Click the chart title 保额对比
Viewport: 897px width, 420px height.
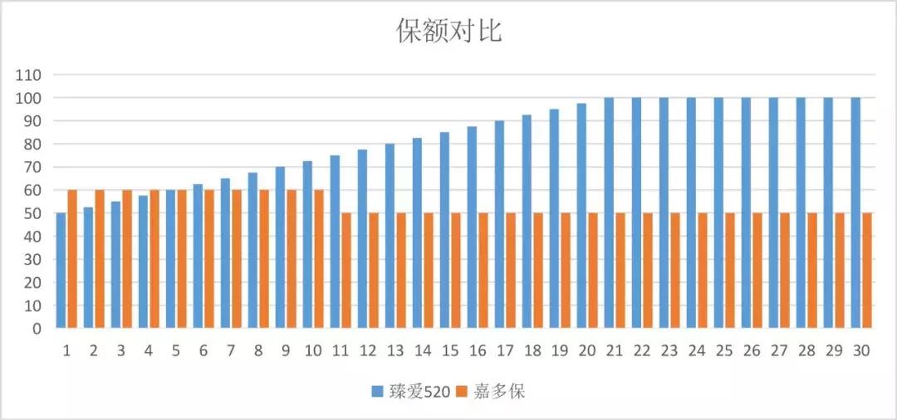tap(448, 31)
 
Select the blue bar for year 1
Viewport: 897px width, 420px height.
tap(61, 271)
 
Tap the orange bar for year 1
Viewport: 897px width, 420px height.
tap(72, 259)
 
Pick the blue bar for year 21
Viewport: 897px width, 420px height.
tap(609, 212)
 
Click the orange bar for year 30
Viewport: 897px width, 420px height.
tap(867, 271)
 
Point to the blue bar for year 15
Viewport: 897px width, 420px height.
tap(444, 230)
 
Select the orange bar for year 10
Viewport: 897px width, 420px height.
tap(319, 259)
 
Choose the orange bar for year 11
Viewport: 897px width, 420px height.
tap(346, 271)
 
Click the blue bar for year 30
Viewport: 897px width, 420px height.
tap(855, 212)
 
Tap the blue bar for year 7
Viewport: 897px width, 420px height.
tap(225, 253)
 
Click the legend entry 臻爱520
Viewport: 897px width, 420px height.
tap(411, 392)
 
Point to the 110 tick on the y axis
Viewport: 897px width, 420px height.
tap(28, 75)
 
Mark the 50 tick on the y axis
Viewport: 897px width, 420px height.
tap(32, 213)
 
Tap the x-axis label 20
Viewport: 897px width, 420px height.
tap(587, 351)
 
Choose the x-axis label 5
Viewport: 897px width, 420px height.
tap(176, 351)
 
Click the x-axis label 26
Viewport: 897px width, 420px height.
tap(752, 351)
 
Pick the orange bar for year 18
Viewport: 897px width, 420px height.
tap(538, 271)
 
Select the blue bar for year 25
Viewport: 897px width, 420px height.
tap(718, 212)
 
